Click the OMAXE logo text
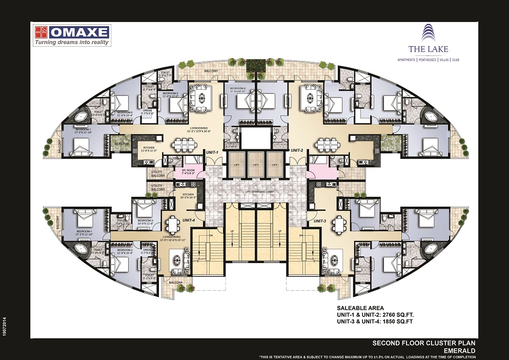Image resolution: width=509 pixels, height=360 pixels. pos(79,33)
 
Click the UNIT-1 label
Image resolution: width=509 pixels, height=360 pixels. pos(213,152)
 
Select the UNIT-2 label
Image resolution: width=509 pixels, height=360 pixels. pos(297,150)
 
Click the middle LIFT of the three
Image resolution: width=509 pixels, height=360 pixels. pos(255,166)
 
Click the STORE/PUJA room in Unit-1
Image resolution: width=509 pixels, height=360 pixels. pos(121,144)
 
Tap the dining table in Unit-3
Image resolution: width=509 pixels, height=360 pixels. pos(339,224)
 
